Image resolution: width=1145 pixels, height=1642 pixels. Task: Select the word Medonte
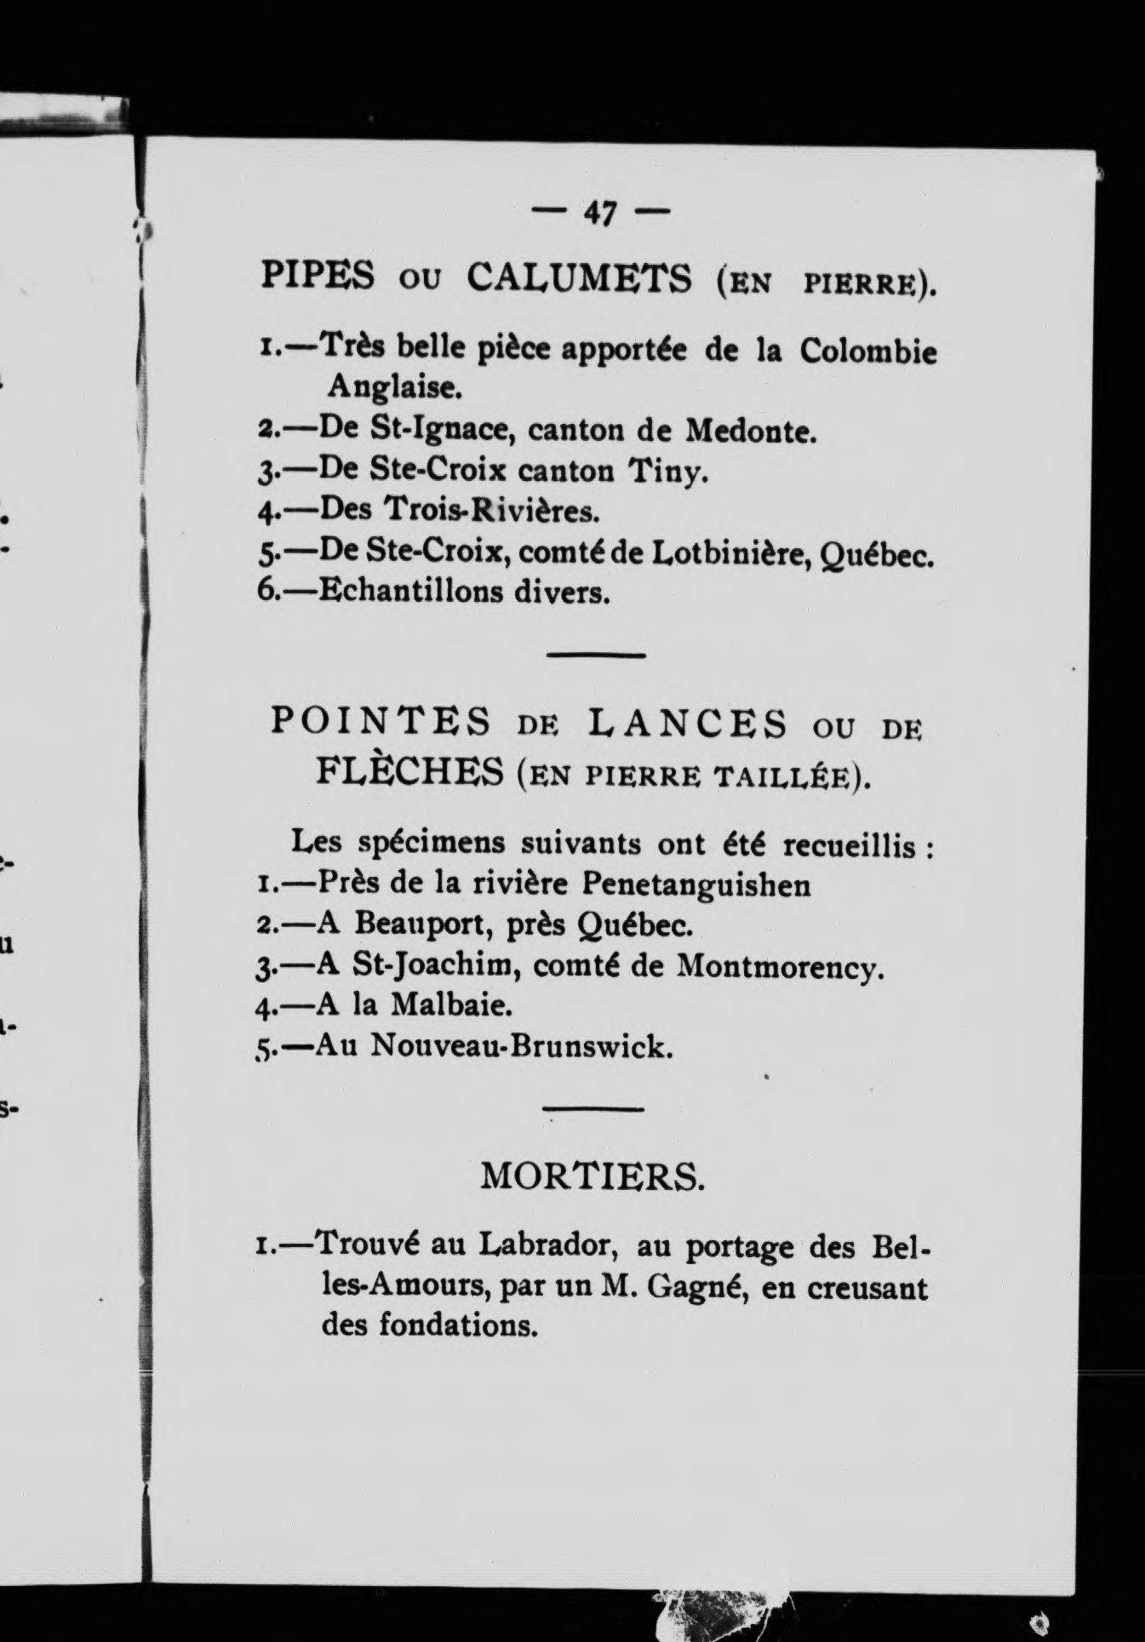tap(751, 432)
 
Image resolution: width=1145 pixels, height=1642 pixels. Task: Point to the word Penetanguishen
tap(696, 885)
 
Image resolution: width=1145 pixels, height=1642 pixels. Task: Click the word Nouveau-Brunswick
tap(521, 1045)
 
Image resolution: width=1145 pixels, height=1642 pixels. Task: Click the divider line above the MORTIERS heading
tap(593, 1108)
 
